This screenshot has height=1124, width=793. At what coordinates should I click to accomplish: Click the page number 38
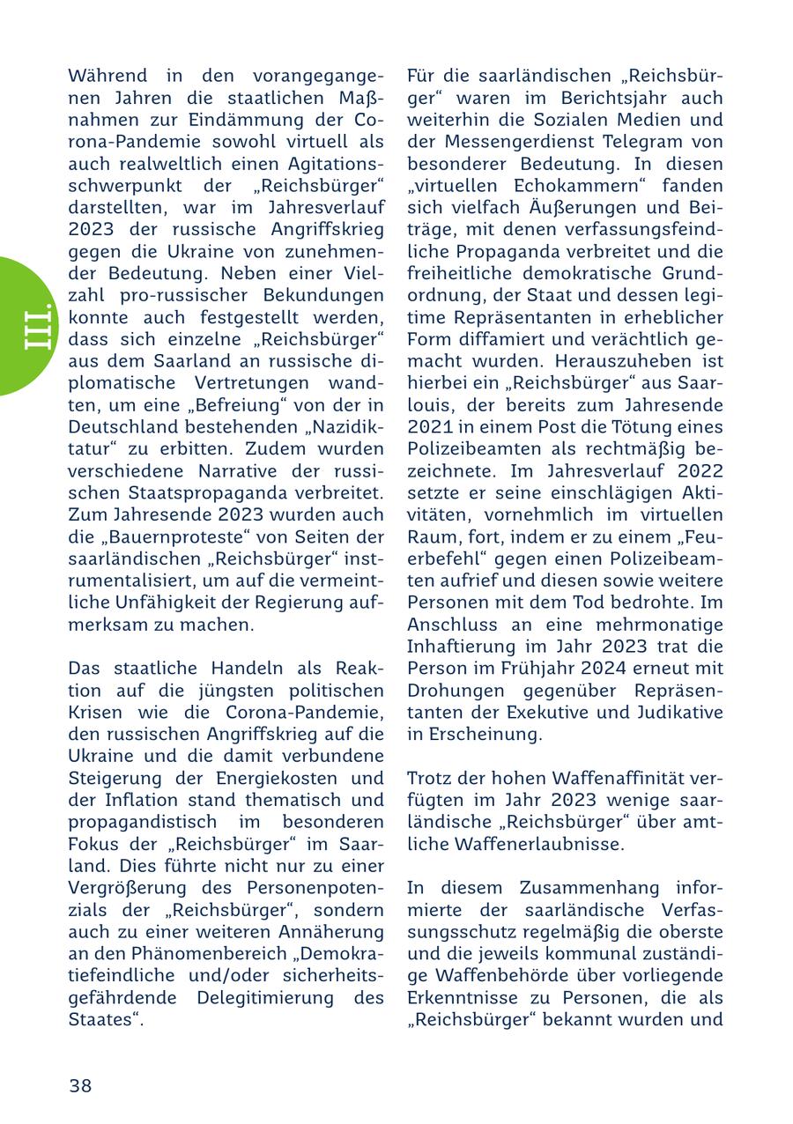[80, 1085]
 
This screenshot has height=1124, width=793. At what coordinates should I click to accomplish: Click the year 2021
[427, 426]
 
